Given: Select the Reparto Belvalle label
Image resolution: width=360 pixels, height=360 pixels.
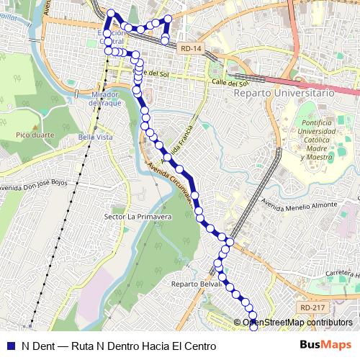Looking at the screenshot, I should coord(195,284).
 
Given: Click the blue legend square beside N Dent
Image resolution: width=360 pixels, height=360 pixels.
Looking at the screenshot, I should coord(9,346).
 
